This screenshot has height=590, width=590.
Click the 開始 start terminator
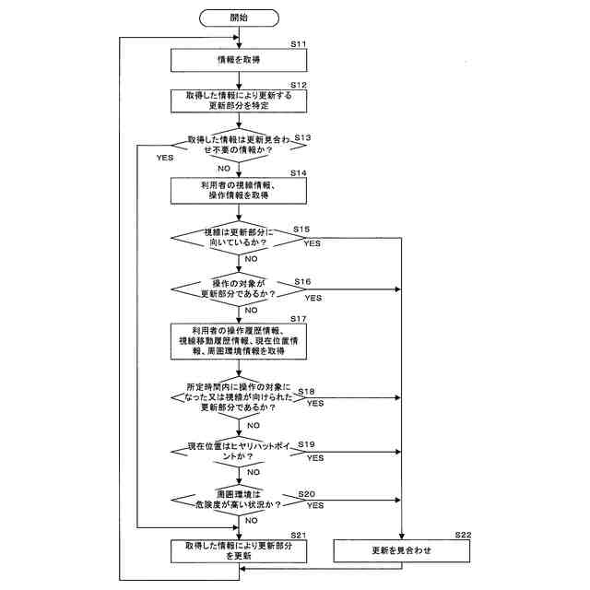(238, 18)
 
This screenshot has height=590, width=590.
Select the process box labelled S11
(238, 59)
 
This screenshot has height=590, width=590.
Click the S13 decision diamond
(238, 146)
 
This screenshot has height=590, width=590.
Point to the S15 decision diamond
(238, 240)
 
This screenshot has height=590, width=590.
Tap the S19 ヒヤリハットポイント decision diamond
(238, 451)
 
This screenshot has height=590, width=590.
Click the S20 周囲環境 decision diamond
(238, 500)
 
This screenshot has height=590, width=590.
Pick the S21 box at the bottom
(238, 551)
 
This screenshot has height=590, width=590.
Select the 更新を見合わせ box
(401, 551)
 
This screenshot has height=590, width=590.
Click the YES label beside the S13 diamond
(165, 158)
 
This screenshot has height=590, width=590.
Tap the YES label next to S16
(313, 299)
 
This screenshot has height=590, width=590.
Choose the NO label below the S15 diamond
(251, 260)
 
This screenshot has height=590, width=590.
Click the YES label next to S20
(313, 506)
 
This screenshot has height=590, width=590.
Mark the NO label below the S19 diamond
(251, 471)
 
